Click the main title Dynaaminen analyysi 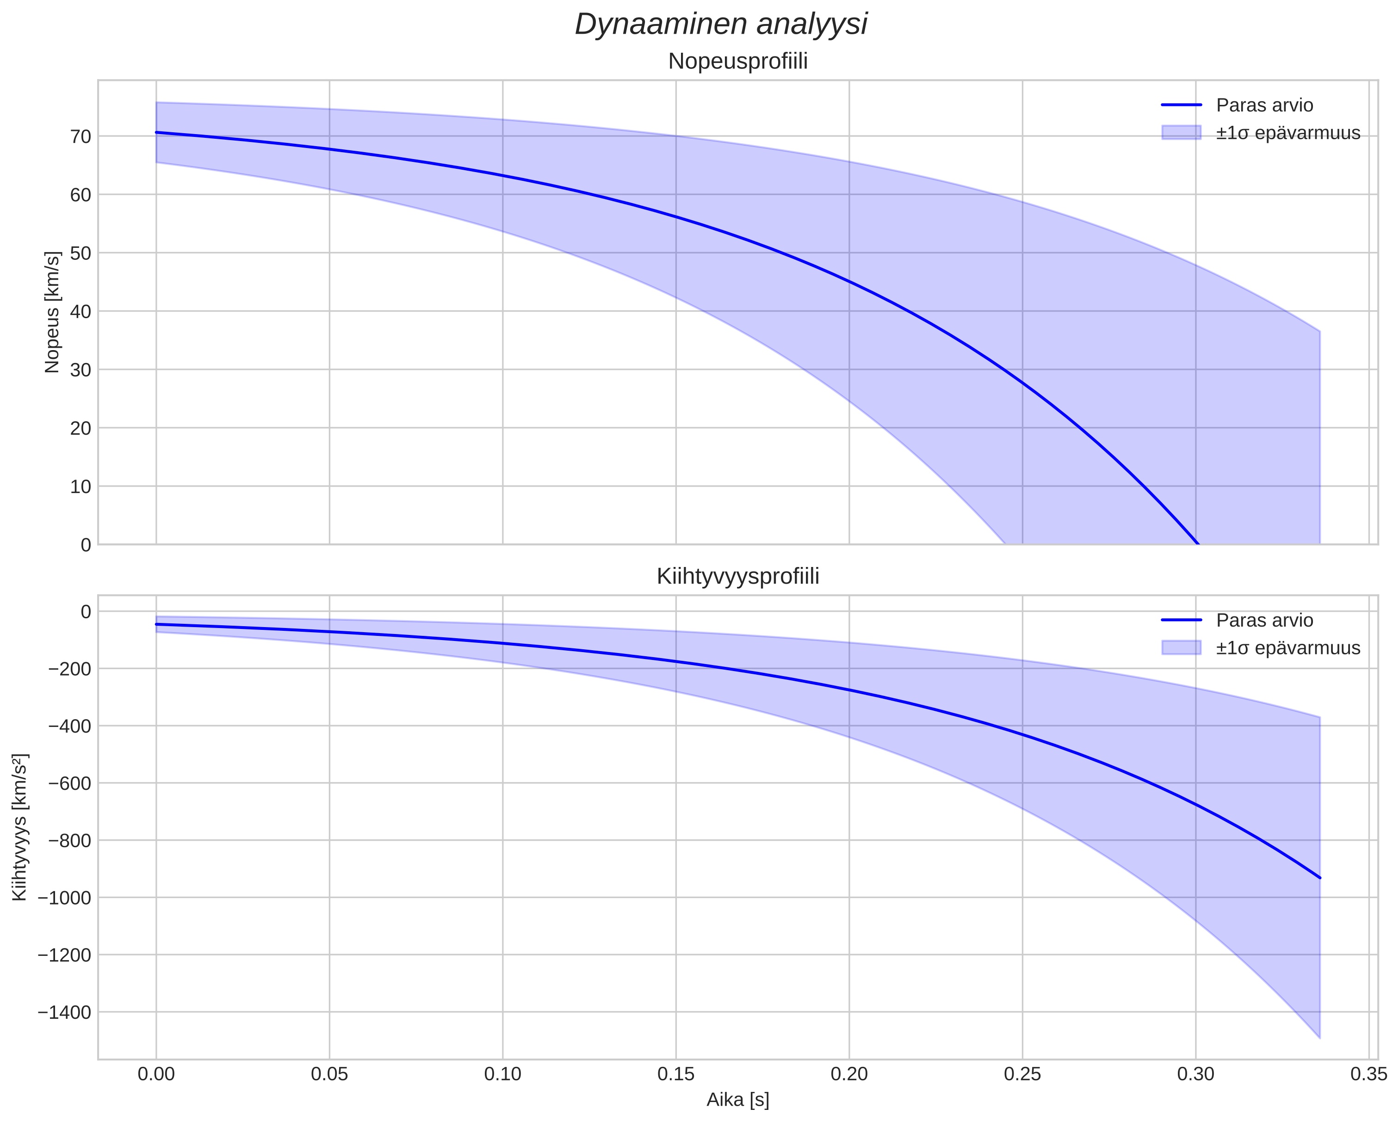click(x=721, y=25)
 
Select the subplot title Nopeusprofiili click(x=738, y=62)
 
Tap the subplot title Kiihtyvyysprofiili click(x=738, y=576)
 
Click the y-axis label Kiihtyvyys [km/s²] click(x=20, y=827)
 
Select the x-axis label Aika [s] click(x=738, y=1100)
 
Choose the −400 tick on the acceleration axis click(x=69, y=725)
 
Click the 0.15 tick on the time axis click(x=676, y=1074)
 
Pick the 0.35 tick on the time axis click(x=1369, y=1074)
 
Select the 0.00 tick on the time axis click(x=156, y=1074)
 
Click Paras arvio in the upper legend click(x=1265, y=105)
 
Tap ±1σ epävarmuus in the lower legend click(x=1288, y=648)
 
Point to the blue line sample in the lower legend click(x=1182, y=620)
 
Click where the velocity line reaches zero click(x=1197, y=544)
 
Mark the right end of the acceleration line click(x=1320, y=878)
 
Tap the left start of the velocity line click(x=156, y=132)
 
